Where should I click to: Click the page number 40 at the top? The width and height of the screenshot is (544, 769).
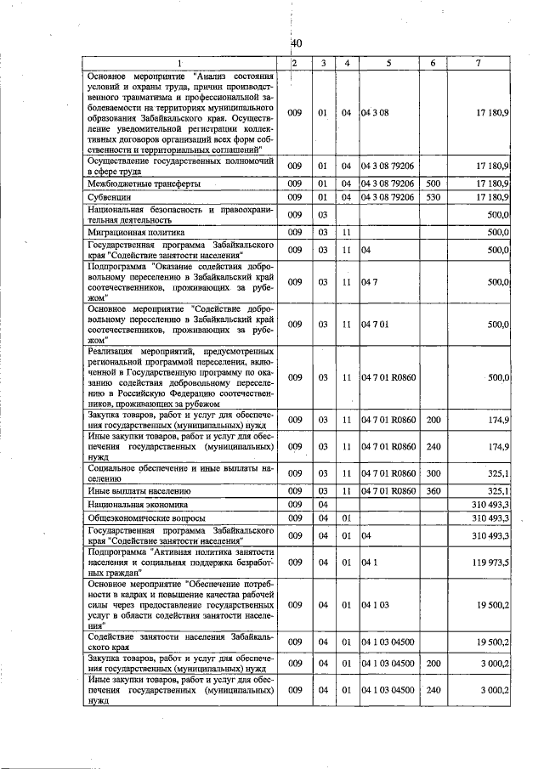click(297, 43)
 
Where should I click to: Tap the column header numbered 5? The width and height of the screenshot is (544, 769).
click(388, 63)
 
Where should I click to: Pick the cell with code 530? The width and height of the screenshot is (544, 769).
click(433, 197)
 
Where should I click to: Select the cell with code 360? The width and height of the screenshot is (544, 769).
click(433, 490)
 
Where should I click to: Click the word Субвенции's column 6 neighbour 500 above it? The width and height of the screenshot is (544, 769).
click(433, 183)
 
